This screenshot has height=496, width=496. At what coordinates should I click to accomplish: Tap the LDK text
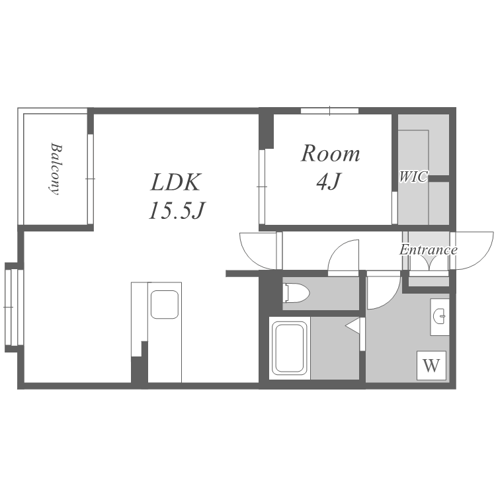[175, 183]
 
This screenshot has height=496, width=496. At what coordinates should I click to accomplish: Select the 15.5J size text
[177, 210]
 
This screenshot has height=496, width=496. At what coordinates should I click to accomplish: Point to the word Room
[330, 153]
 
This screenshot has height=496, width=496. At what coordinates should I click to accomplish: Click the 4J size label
[328, 181]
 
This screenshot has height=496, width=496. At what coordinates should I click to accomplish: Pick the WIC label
[413, 177]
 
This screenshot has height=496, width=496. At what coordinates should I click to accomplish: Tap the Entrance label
[428, 250]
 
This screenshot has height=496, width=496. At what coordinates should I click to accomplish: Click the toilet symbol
[297, 293]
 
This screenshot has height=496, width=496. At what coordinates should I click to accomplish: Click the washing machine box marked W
[431, 365]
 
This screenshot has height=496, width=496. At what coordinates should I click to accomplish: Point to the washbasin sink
[440, 316]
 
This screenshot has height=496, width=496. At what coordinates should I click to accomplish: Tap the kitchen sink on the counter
[165, 304]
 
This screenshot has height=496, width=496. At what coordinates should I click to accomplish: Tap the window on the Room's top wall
[329, 110]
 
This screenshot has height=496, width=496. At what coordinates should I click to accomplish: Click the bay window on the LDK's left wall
[15, 307]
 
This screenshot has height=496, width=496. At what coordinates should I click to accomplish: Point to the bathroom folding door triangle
[352, 325]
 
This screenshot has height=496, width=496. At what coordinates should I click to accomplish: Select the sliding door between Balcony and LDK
[91, 179]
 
